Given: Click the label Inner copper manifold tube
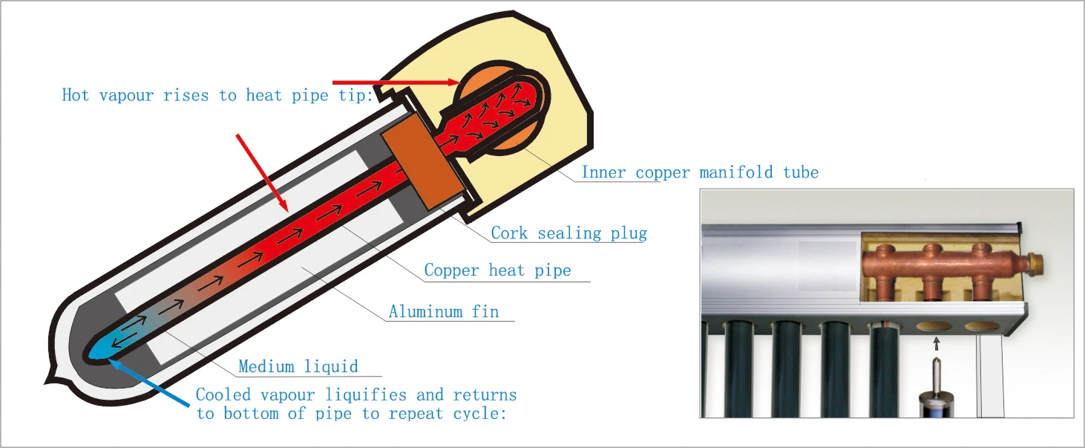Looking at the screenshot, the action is tap(699, 172).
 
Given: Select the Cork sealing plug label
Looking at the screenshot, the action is tap(568, 233).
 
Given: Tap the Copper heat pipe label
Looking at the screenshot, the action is tap(497, 270).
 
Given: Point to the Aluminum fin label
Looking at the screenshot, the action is tap(444, 311).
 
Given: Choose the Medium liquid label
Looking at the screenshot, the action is tap(298, 366).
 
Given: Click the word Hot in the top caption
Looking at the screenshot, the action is tap(76, 95).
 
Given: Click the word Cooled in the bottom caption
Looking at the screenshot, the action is tap(223, 395).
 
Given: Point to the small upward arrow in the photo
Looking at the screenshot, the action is tap(936, 343).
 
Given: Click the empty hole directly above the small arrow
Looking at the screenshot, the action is tap(935, 325).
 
